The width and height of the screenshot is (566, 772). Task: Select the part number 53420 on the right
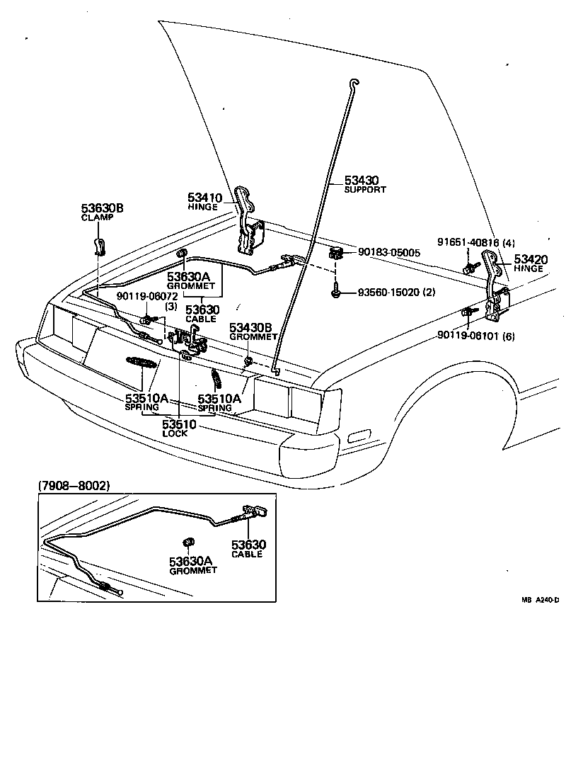(x=529, y=260)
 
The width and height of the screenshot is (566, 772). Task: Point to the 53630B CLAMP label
(x=102, y=208)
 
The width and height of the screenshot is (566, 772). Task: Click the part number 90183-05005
(x=389, y=251)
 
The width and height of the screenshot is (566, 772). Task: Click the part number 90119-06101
(x=469, y=336)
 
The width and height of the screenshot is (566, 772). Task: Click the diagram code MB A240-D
(x=541, y=599)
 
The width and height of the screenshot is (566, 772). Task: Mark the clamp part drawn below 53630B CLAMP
(x=100, y=245)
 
